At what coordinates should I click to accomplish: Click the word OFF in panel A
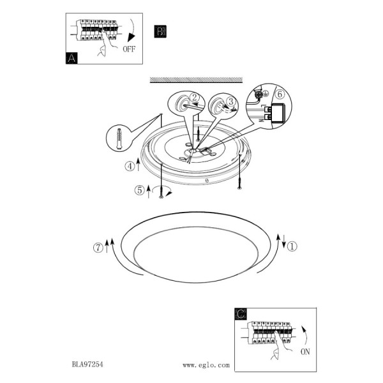[129, 49]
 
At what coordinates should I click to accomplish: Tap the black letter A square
[71, 58]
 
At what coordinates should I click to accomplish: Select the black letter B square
[160, 31]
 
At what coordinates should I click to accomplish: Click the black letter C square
[241, 314]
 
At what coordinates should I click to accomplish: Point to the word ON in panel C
[305, 352]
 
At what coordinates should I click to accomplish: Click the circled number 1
[292, 246]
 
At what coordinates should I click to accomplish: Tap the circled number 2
[195, 98]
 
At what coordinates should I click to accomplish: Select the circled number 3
[231, 101]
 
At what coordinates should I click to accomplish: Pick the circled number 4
[130, 167]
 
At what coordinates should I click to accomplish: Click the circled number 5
[140, 190]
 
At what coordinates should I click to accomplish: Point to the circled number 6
[280, 94]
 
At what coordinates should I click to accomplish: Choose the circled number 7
[98, 248]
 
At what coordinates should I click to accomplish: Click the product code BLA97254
[87, 364]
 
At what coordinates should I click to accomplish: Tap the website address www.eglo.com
[206, 365]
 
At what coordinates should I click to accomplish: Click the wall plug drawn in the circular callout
[119, 139]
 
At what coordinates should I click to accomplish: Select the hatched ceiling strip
[196, 80]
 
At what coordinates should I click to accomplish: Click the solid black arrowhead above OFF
[131, 38]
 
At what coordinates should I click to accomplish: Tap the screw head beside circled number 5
[161, 197]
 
